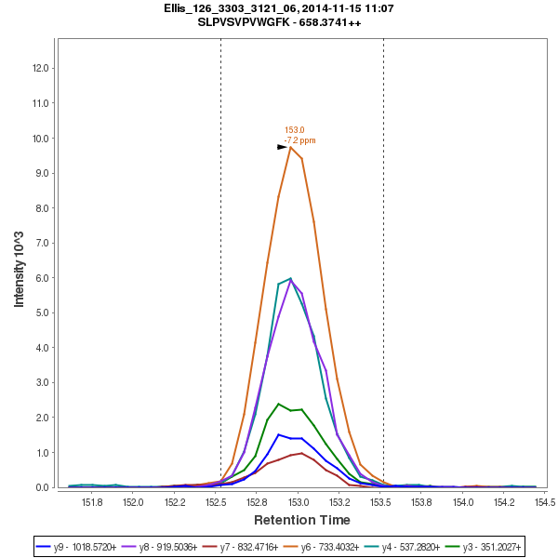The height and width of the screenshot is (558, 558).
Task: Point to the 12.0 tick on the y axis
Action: coord(41,68)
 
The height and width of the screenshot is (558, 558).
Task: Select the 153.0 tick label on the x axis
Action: coord(299,502)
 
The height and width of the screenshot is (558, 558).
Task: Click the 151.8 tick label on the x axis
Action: coord(92,502)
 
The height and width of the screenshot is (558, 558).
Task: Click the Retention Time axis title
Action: coord(302,520)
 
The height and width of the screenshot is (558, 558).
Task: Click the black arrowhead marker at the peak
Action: coord(282,147)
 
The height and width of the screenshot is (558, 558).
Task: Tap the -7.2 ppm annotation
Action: coord(300,140)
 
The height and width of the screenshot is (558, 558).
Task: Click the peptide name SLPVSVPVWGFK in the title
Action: coord(246,22)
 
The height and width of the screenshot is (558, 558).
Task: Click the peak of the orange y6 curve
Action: coord(290,147)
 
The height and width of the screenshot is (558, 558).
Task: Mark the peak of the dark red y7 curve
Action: coord(301,453)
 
